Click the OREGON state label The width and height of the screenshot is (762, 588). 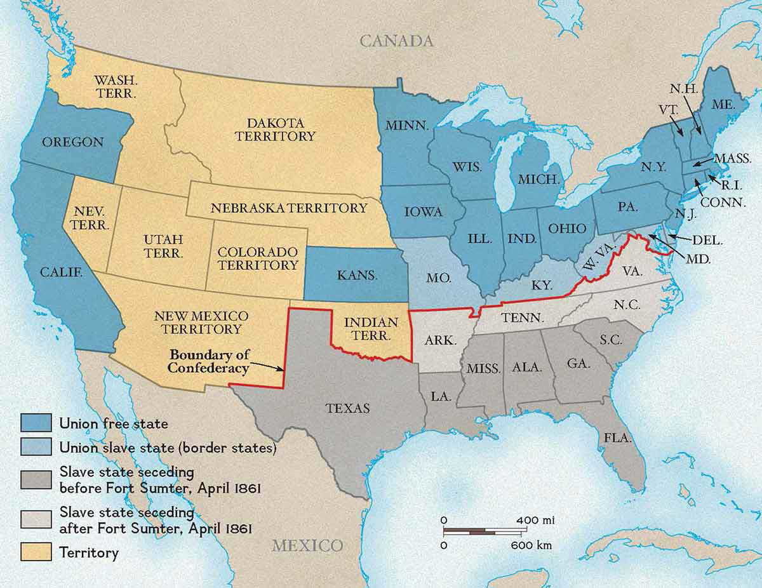pos(72,142)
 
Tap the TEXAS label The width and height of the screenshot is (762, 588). pos(347,408)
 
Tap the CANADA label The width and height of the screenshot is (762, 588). pos(397,41)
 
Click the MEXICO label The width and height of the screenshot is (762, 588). pos(307,545)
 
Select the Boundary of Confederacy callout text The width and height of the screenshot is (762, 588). pos(209,361)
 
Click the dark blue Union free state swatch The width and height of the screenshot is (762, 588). pos(36,423)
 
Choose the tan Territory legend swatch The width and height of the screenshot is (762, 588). pos(36,552)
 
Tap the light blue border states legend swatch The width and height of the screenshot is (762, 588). pos(36,448)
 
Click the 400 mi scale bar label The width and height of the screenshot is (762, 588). pos(536,521)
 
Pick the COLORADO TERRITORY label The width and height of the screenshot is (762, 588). pos(257,258)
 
